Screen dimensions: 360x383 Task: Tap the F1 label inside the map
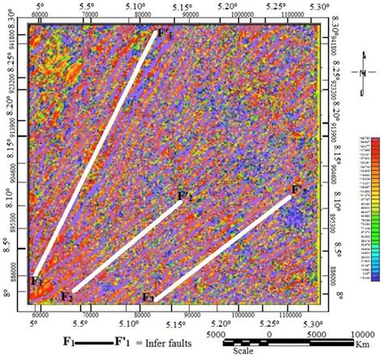(x=36, y=281)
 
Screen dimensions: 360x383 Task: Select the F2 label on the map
(x=68, y=296)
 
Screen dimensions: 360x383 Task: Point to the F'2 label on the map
(x=185, y=195)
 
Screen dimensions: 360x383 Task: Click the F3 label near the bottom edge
(x=148, y=297)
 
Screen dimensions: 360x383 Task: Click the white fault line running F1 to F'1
(x=95, y=153)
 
